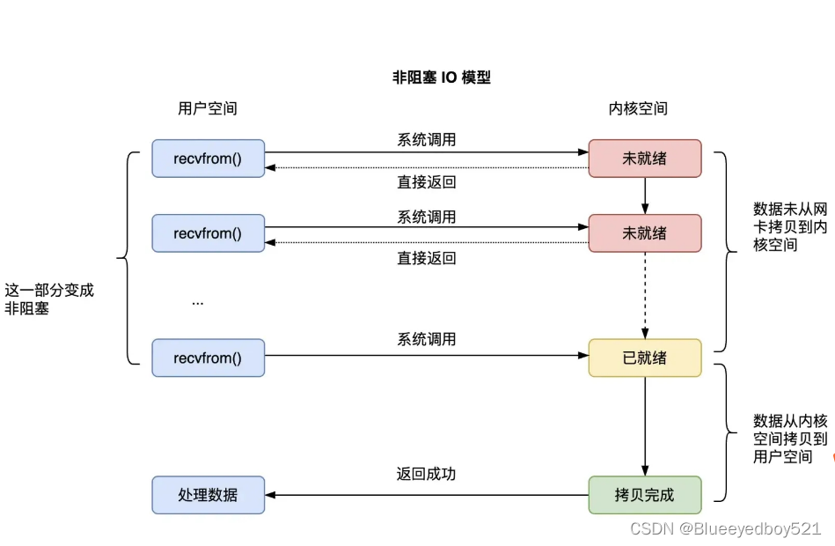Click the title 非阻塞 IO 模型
441,77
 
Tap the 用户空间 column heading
208,108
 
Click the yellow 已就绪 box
644,358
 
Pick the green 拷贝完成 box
644,495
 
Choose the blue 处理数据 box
208,495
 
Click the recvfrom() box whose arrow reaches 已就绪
208,358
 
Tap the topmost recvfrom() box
208,159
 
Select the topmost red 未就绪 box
644,159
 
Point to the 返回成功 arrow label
426,474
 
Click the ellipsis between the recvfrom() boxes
198,302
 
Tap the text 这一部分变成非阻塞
49,299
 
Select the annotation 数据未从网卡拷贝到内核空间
789,226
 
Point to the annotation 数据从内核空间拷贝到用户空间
789,439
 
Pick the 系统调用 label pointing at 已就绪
426,339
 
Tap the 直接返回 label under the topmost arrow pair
426,183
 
